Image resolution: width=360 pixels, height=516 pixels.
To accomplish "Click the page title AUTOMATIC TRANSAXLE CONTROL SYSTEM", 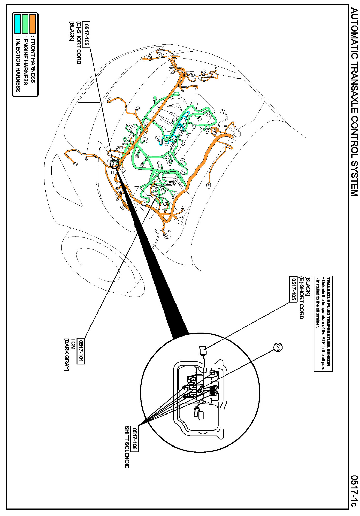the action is (x=354, y=102).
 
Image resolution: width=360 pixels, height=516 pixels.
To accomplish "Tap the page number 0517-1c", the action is (x=354, y=491).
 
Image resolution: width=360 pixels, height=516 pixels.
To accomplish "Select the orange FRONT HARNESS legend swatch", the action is (x=33, y=24).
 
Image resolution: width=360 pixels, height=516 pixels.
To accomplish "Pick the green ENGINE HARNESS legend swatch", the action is (x=25, y=24).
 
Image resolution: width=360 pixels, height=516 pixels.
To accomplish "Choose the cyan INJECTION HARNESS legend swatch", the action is (x=18, y=24).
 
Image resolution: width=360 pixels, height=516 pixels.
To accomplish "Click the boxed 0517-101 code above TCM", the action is (x=81, y=351).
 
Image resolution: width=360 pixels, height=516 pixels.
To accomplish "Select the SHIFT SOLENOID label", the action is (x=127, y=447).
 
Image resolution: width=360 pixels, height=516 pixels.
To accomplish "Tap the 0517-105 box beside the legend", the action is (x=86, y=34).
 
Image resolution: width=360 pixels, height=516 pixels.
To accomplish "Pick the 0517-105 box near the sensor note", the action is (x=293, y=289).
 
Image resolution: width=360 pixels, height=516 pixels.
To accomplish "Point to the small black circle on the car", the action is (x=114, y=163).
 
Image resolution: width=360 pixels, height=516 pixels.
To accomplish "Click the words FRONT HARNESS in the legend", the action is (x=33, y=59).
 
